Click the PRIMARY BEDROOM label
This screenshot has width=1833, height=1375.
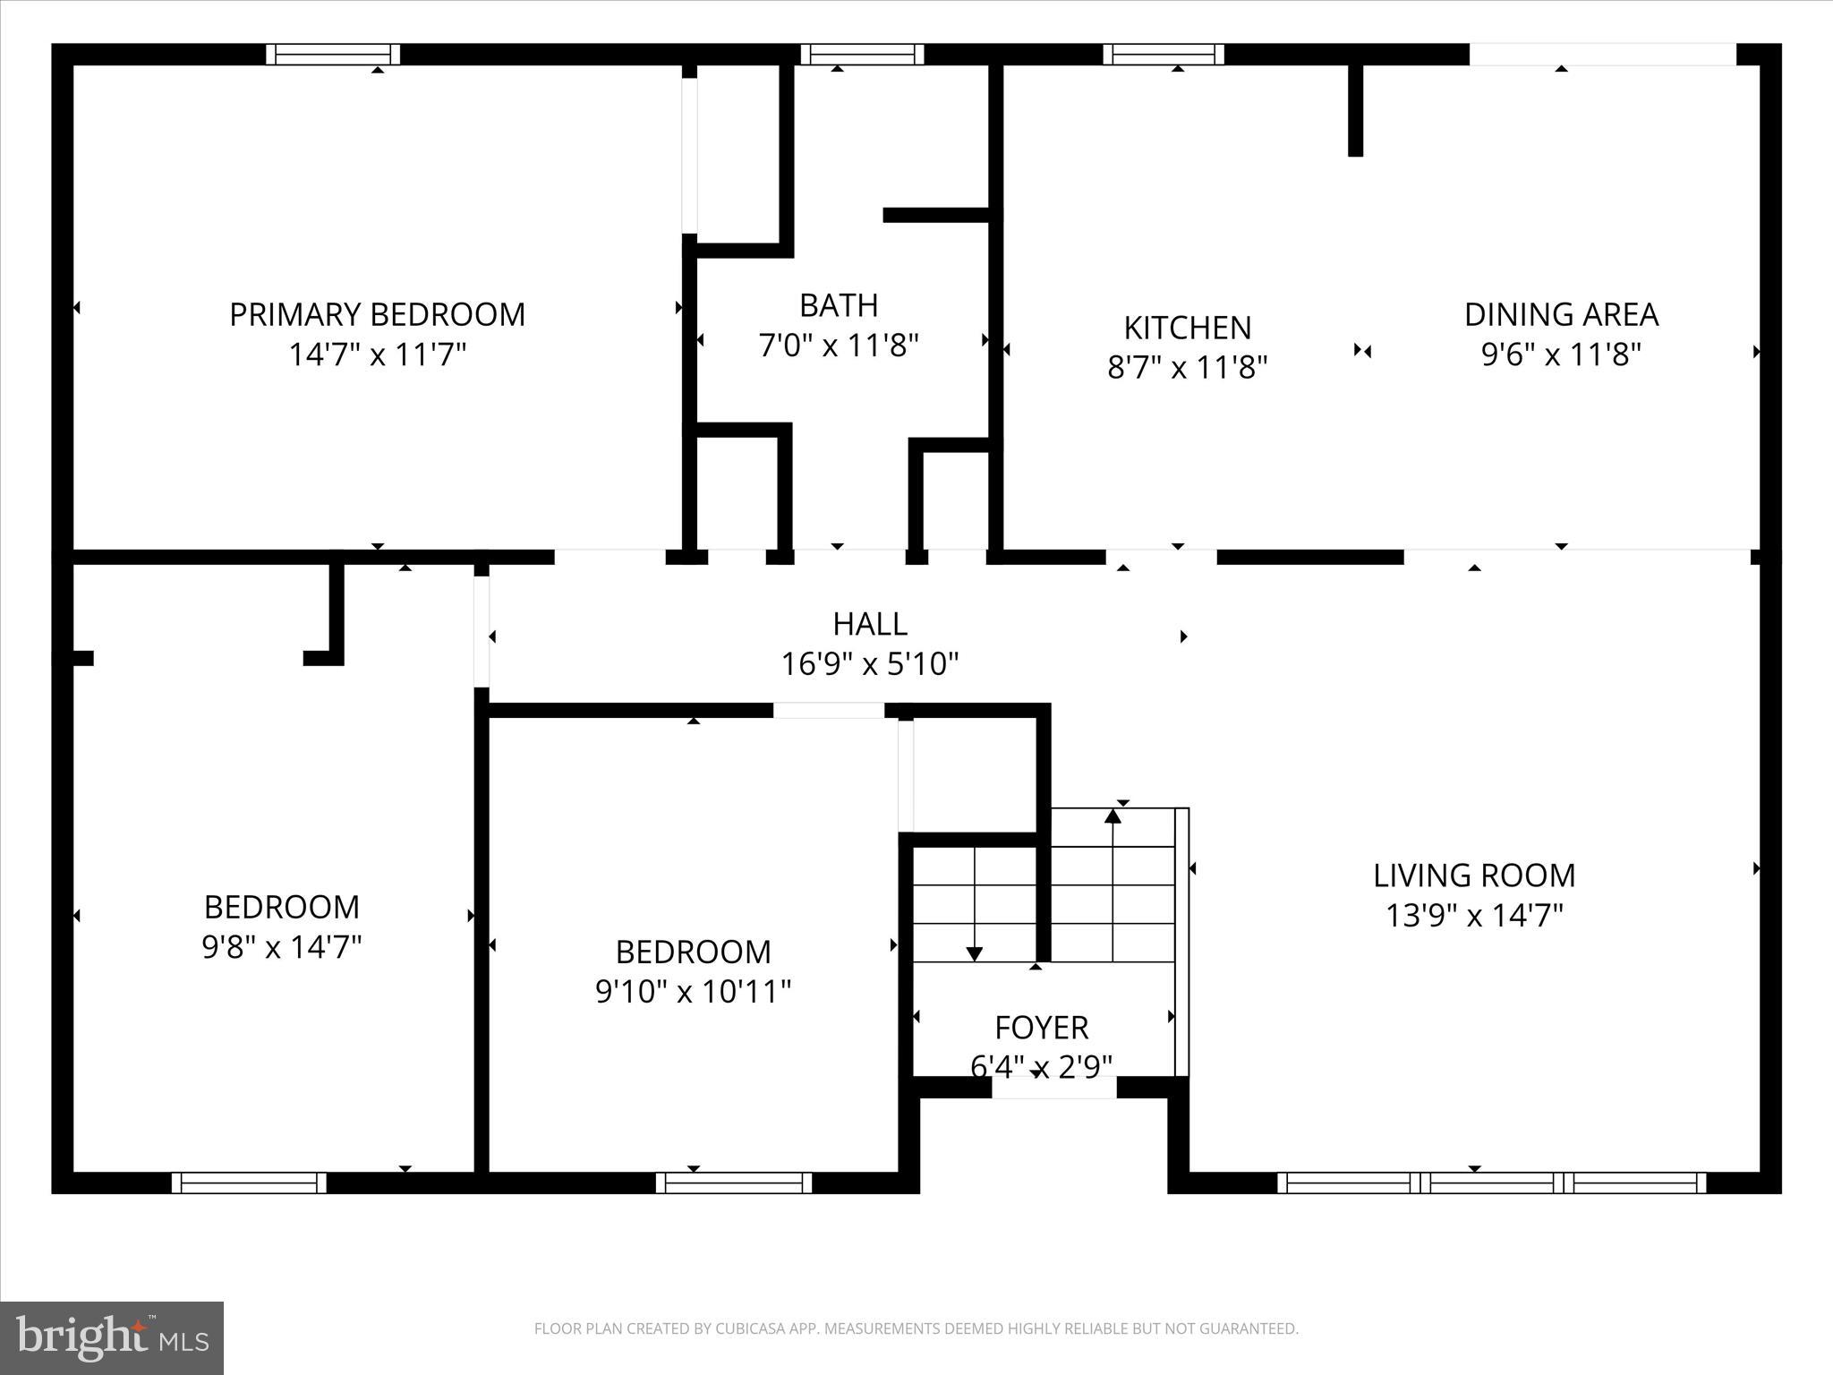377,314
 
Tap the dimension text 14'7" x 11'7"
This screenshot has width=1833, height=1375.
377,354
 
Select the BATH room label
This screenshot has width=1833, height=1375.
839,305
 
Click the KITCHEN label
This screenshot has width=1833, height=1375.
1187,328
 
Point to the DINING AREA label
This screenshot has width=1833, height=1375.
1561,314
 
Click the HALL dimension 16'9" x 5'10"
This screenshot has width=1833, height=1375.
870,664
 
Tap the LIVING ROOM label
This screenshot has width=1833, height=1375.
1474,875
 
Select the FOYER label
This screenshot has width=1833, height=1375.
1041,1028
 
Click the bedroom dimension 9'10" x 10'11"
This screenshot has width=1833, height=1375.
693,992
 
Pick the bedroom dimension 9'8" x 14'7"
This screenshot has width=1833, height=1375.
281,947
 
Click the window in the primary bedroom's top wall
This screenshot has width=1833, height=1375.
333,55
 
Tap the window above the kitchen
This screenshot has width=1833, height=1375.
1163,55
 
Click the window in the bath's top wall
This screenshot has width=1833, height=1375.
861,55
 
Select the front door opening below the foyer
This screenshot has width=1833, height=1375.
1053,1087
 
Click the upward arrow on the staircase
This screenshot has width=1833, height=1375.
1113,816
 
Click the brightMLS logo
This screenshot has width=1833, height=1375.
112,1337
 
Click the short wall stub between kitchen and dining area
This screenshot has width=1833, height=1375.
1355,109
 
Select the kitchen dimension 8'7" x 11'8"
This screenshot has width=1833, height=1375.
1187,367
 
